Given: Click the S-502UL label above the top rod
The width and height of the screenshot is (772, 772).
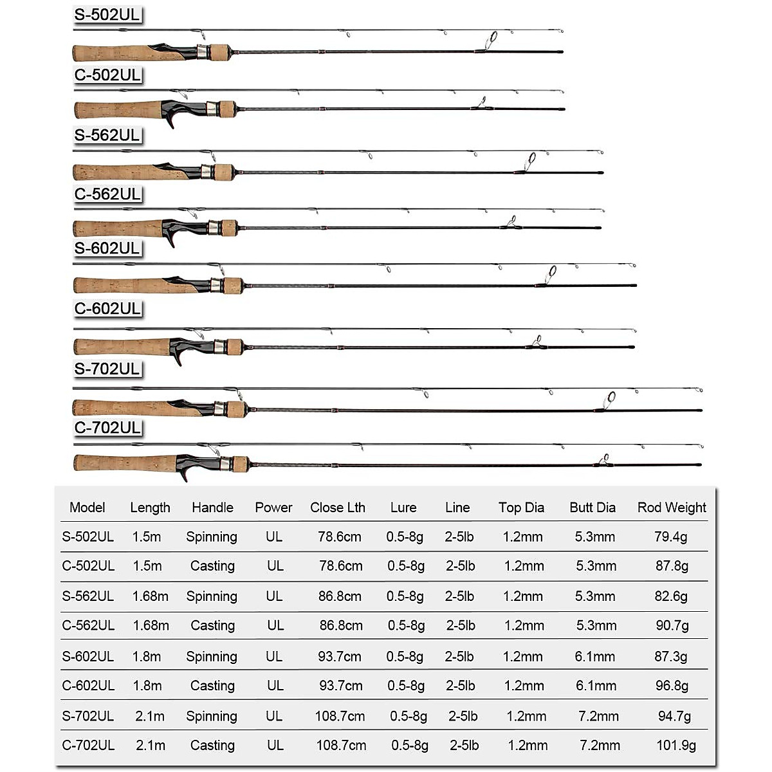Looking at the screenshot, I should click(107, 15).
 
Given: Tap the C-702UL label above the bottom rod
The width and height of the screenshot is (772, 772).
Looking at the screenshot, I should click(107, 427).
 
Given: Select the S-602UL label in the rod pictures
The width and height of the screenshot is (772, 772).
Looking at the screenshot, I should click(107, 248).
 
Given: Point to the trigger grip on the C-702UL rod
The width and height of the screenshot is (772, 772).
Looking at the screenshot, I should click(183, 473).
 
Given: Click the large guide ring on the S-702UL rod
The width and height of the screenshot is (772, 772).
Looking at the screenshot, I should click(610, 398).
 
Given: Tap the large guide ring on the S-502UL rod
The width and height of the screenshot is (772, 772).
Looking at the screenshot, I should click(493, 38).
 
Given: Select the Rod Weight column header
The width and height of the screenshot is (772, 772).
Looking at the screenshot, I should click(672, 508).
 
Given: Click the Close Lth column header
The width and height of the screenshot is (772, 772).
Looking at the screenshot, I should click(338, 508).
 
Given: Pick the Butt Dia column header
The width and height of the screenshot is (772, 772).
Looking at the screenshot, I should click(593, 508).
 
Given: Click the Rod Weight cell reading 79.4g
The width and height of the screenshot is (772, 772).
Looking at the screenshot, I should click(671, 537).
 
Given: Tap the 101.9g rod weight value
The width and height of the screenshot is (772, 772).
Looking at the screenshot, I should click(676, 746).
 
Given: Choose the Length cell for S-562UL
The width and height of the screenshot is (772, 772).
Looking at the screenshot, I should click(151, 596).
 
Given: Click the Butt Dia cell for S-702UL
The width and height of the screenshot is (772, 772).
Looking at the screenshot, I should click(599, 716).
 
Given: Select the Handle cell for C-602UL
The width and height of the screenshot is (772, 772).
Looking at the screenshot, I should click(212, 686).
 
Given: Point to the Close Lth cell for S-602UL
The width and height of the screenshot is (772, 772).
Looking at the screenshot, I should click(340, 657).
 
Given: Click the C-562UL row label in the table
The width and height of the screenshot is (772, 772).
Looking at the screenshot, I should click(88, 625).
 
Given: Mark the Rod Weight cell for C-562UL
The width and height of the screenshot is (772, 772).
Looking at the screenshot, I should click(672, 625).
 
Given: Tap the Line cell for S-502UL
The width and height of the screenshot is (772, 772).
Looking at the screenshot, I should click(459, 537).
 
